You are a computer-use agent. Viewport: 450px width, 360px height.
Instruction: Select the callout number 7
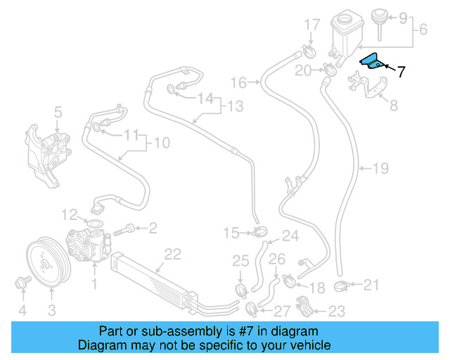401,71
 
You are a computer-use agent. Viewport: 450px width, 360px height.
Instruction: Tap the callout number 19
380,168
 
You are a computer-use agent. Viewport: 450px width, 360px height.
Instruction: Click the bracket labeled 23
304,307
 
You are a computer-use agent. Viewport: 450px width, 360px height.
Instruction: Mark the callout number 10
161,143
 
